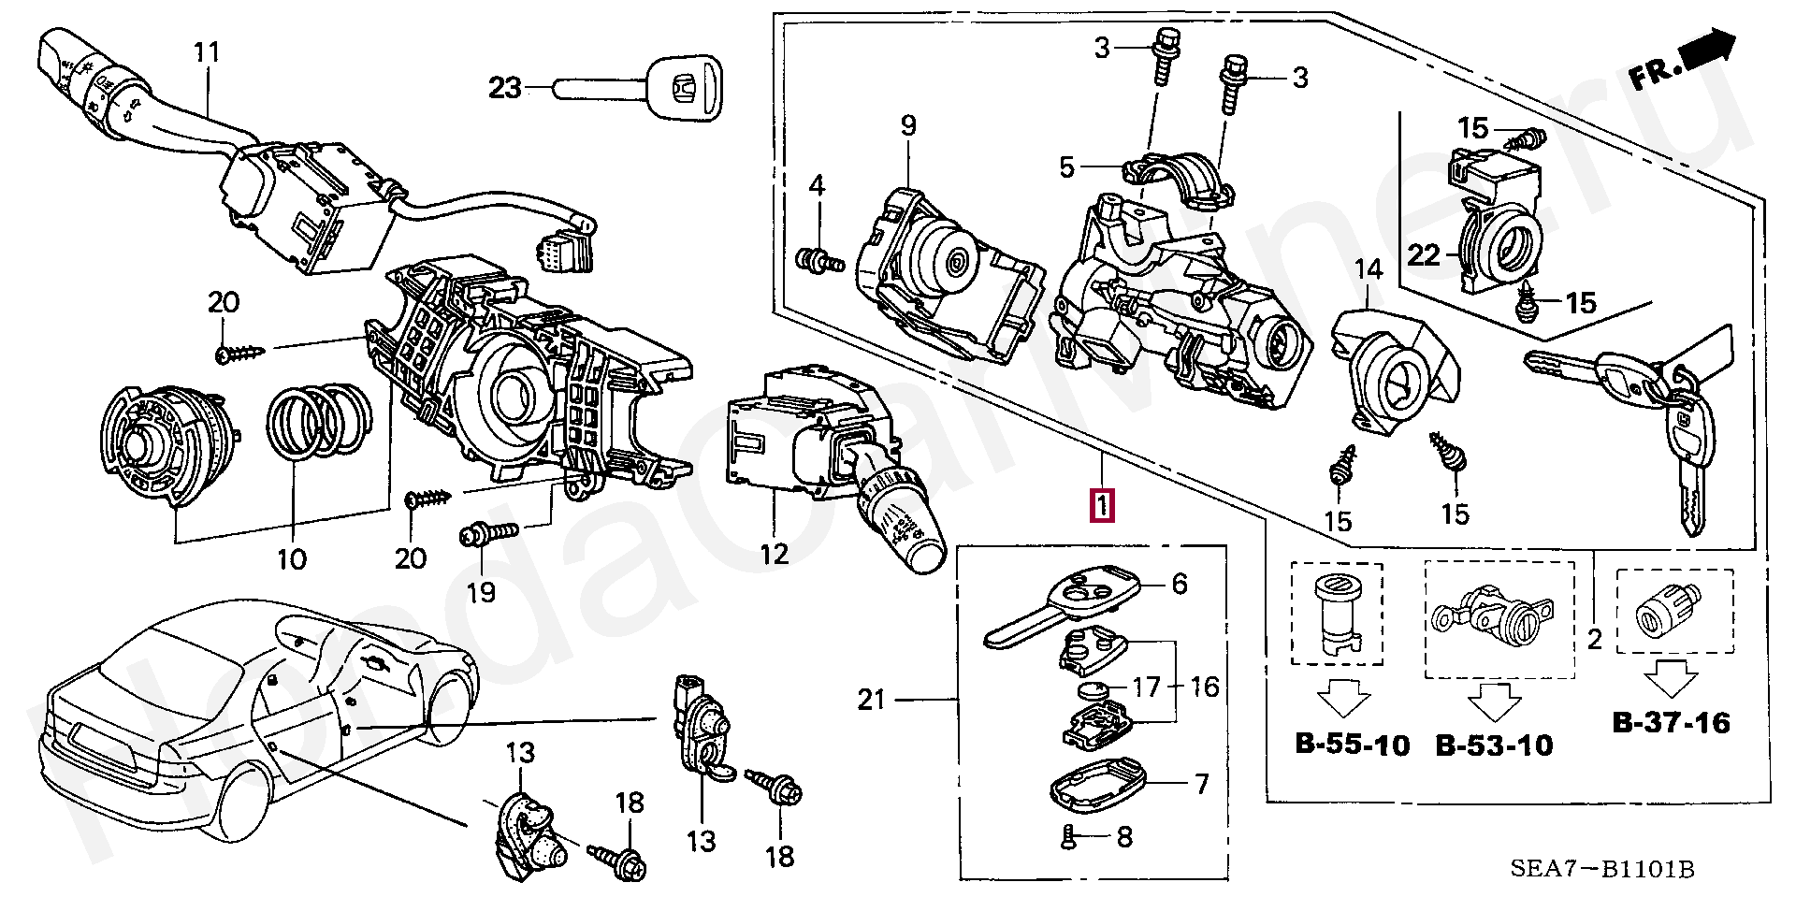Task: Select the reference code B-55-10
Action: pyautogui.click(x=1352, y=745)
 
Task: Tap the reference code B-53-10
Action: pyautogui.click(x=1494, y=745)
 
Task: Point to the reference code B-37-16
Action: pyautogui.click(x=1671, y=722)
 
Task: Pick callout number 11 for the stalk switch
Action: pyautogui.click(x=207, y=51)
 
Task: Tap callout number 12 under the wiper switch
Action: pyautogui.click(x=775, y=554)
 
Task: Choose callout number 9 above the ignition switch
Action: pyautogui.click(x=908, y=126)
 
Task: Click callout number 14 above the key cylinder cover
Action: pyautogui.click(x=1368, y=270)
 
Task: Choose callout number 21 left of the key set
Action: pyautogui.click(x=872, y=699)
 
